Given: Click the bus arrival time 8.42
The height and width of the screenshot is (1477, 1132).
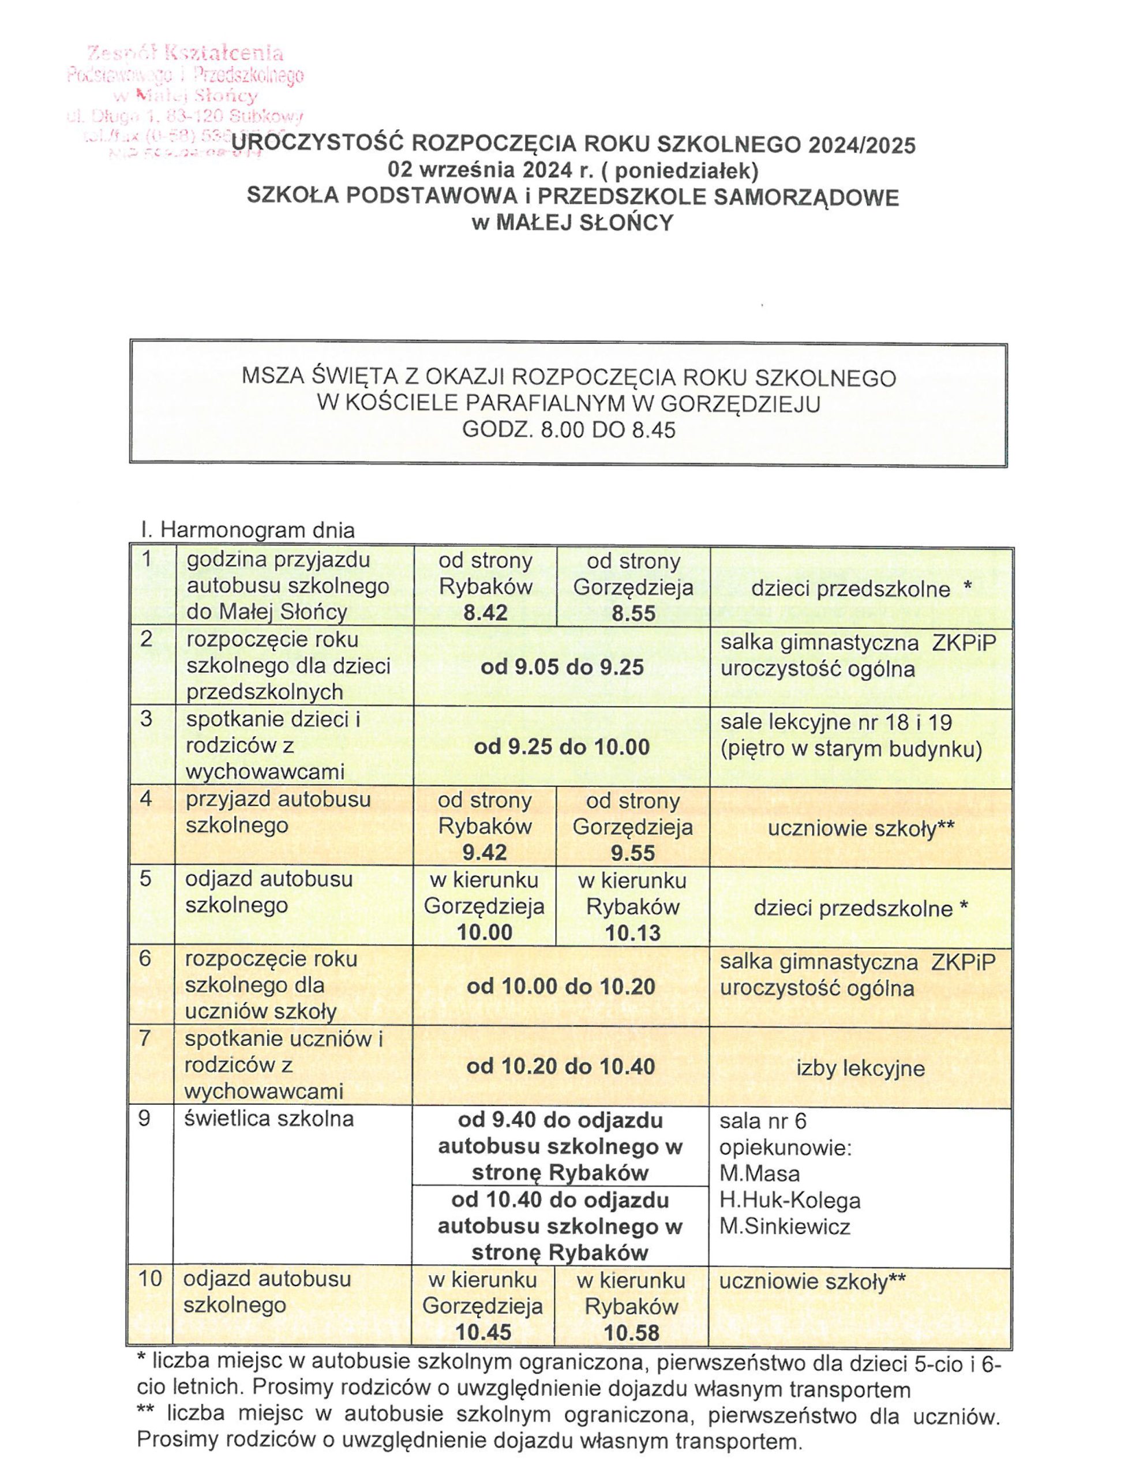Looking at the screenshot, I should coord(485,613).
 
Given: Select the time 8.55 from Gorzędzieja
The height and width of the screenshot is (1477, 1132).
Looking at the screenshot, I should coord(634,613).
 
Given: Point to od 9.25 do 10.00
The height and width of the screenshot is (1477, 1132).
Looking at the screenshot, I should coord(561,747).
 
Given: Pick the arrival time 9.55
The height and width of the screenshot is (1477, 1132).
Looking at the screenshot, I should coord(633,853).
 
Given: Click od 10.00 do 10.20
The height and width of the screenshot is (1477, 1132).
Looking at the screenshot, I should coord(561,987).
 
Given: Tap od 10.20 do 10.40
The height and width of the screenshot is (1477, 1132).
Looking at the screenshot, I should coord(561,1066).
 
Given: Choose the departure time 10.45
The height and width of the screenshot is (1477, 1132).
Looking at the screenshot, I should coord(483,1332).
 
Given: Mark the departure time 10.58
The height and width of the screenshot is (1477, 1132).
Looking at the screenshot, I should coord(631,1332).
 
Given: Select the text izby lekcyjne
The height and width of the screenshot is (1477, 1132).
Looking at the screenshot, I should coord(860,1068).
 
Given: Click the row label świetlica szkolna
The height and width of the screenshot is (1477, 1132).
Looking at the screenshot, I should coord(269,1119).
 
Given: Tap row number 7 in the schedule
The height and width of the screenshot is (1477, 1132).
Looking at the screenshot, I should coord(144,1039).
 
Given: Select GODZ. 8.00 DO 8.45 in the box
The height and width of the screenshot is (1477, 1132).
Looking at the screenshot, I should coord(568,430).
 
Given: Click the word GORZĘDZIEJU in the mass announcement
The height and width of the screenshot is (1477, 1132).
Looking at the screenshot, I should coord(741,404).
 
